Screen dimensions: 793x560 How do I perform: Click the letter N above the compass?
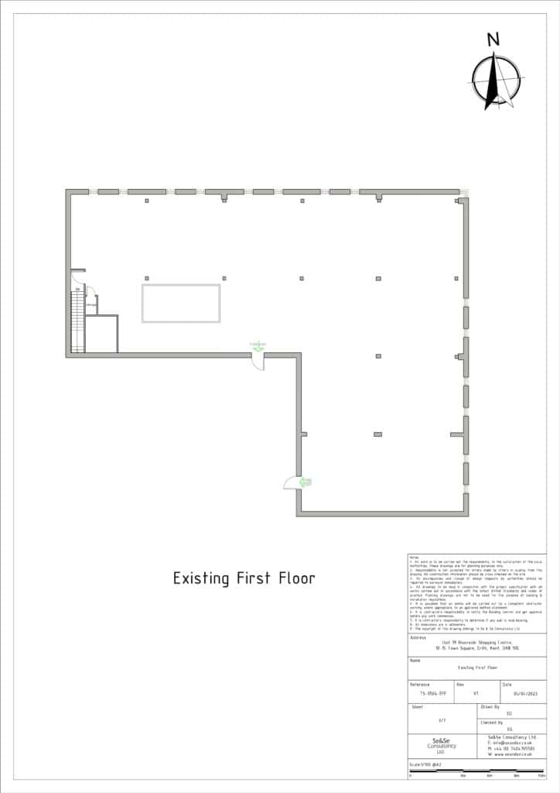pyautogui.click(x=493, y=40)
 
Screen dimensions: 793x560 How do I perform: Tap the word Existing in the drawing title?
pyautogui.click(x=198, y=578)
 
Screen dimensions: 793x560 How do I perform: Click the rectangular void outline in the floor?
pyautogui.click(x=180, y=304)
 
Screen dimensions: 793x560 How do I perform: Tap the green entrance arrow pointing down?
pyautogui.click(x=258, y=345)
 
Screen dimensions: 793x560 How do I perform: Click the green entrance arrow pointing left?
pyautogui.click(x=305, y=482)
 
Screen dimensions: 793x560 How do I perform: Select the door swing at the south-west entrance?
pyautogui.click(x=289, y=483)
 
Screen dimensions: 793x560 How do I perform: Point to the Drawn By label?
pyautogui.click(x=491, y=707)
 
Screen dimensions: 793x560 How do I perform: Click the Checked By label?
pyautogui.click(x=493, y=722)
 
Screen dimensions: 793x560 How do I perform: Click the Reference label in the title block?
pyautogui.click(x=419, y=684)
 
